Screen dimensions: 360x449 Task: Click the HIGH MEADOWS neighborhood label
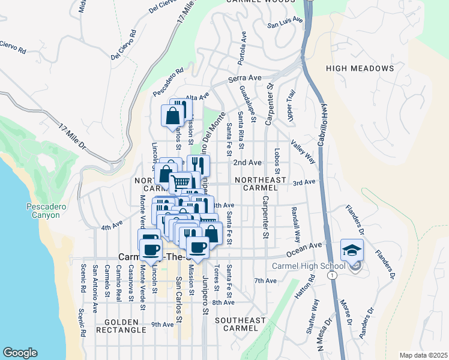(x=360, y=68)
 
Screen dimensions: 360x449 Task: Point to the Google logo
(x=20, y=353)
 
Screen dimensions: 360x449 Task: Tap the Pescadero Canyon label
(x=43, y=211)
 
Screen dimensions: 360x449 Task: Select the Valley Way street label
(x=303, y=152)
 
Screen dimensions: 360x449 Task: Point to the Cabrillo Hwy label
(x=322, y=120)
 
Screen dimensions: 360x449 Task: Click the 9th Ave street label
(x=162, y=325)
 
